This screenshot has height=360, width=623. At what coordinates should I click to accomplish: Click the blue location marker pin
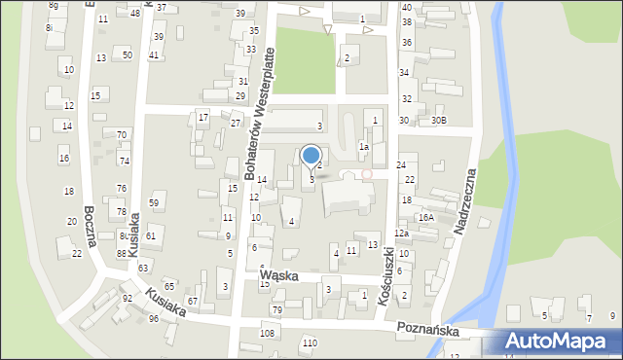tap(311, 156)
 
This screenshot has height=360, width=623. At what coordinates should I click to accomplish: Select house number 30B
tap(439, 121)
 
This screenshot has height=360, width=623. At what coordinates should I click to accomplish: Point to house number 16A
tap(425, 217)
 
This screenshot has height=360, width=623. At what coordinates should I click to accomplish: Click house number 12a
tap(400, 234)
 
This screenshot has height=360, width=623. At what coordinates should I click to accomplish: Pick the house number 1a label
tap(363, 146)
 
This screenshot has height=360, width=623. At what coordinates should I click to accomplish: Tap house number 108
tap(268, 334)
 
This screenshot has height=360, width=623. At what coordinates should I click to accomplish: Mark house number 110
tap(310, 343)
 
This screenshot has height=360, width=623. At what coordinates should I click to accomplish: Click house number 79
tap(277, 310)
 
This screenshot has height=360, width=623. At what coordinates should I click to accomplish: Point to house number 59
tap(154, 202)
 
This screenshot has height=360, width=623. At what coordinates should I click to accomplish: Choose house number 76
tap(122, 188)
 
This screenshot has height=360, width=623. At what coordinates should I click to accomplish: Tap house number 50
tap(128, 55)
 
